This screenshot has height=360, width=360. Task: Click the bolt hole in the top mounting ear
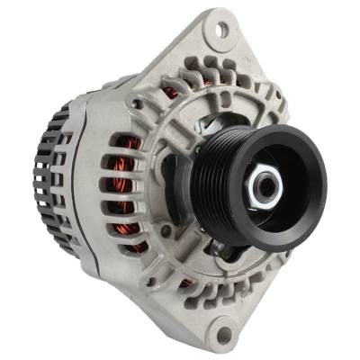pyautogui.click(x=219, y=31)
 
